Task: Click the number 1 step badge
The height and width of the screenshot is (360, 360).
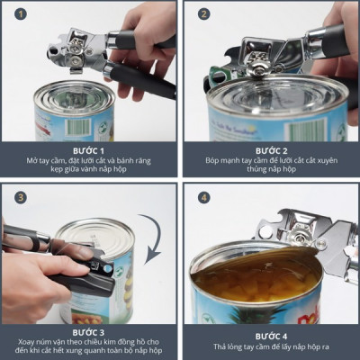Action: coord(15,15)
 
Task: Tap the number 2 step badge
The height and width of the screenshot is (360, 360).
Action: coord(203,15)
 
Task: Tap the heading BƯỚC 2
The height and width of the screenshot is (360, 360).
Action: coord(271,148)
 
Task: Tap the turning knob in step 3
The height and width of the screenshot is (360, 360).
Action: coord(101,267)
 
